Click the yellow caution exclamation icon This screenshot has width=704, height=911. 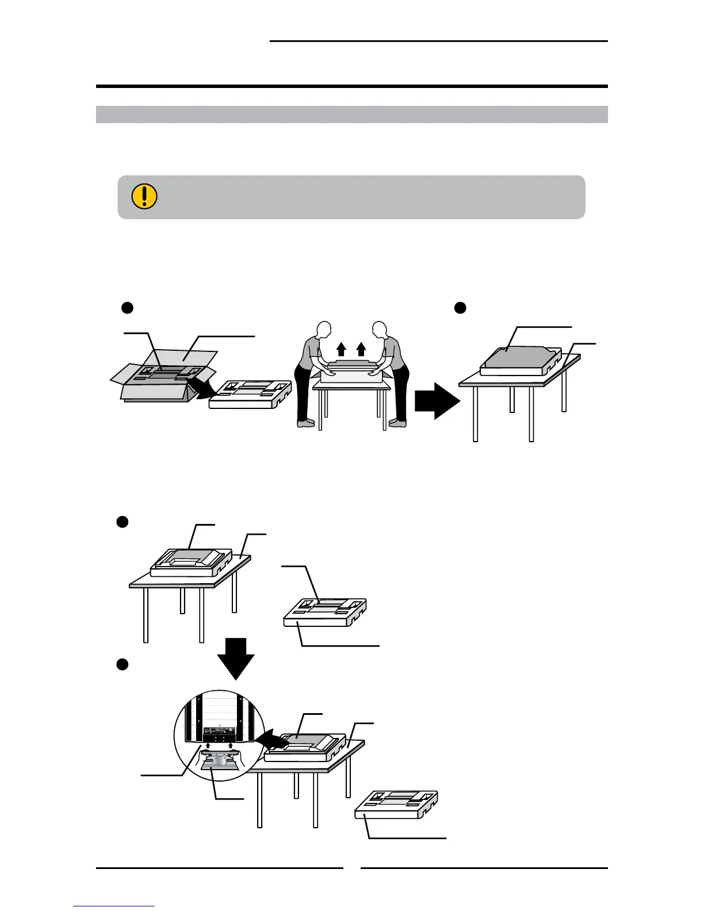coord(144,196)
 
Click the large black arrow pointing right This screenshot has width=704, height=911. coord(437,400)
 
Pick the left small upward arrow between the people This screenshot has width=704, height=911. coord(341,349)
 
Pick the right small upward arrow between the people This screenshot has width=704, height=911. coord(361,349)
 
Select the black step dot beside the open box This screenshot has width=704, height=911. coord(127,308)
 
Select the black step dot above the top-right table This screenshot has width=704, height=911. coord(460,308)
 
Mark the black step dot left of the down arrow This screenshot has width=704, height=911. coord(122,664)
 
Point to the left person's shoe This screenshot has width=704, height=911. coord(306,423)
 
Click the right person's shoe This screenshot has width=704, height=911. coord(397,423)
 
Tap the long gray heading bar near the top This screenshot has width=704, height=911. coord(351,114)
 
